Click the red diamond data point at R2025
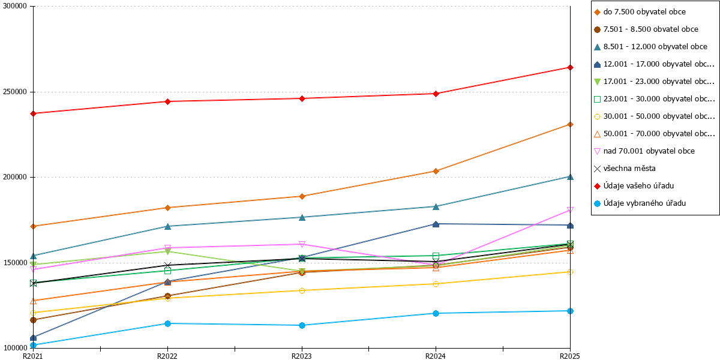point(570,67)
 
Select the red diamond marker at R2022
point(167,101)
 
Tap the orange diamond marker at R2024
point(436,172)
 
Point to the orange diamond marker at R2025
point(570,124)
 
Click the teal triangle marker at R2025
point(570,177)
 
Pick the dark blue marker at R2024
point(436,224)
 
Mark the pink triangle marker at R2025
point(570,210)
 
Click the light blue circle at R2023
point(302,325)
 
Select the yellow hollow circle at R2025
point(570,272)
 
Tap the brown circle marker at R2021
point(33,320)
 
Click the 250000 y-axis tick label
point(15,92)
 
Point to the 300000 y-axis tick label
point(15,6)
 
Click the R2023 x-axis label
point(301,356)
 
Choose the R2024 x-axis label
point(436,356)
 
